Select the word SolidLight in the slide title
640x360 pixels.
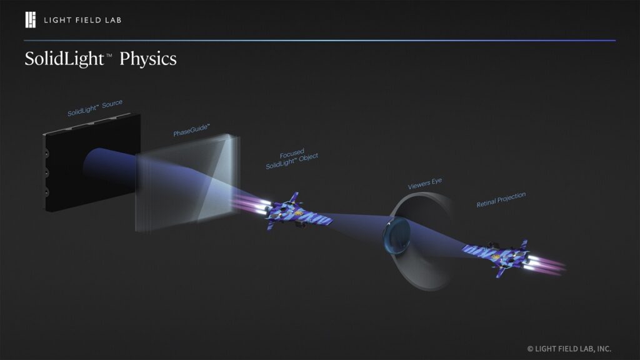coord(64,59)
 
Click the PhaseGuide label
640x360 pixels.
coord(191,130)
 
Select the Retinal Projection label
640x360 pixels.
coord(501,200)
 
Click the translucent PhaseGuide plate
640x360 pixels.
coord(187,181)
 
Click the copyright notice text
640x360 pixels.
coord(569,348)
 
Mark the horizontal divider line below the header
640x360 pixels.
coord(320,41)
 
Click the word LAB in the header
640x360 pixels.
coord(111,20)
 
